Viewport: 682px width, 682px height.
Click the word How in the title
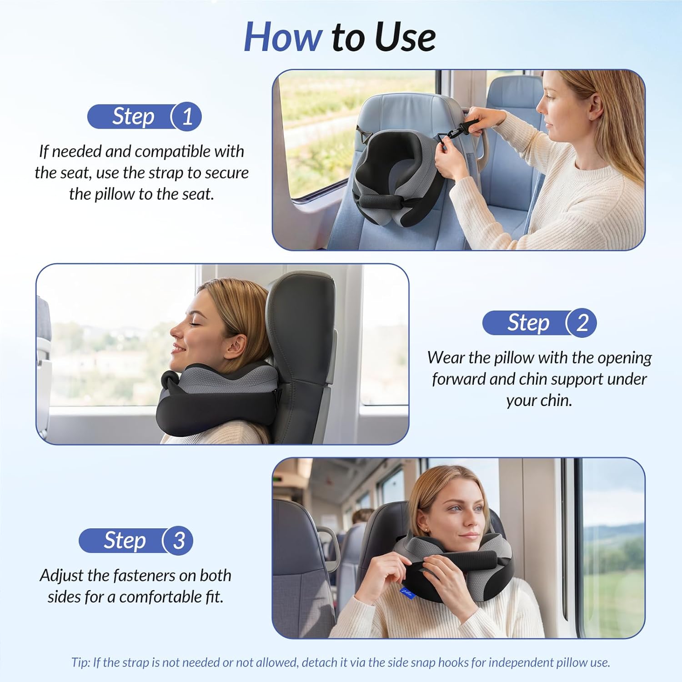283,37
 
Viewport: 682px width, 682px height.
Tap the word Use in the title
406,37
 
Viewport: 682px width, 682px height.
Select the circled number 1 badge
187,117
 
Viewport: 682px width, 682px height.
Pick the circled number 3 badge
179,541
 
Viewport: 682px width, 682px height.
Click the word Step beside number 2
528,323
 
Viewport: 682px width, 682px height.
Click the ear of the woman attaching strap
593,110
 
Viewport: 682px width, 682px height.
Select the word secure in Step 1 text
226,173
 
